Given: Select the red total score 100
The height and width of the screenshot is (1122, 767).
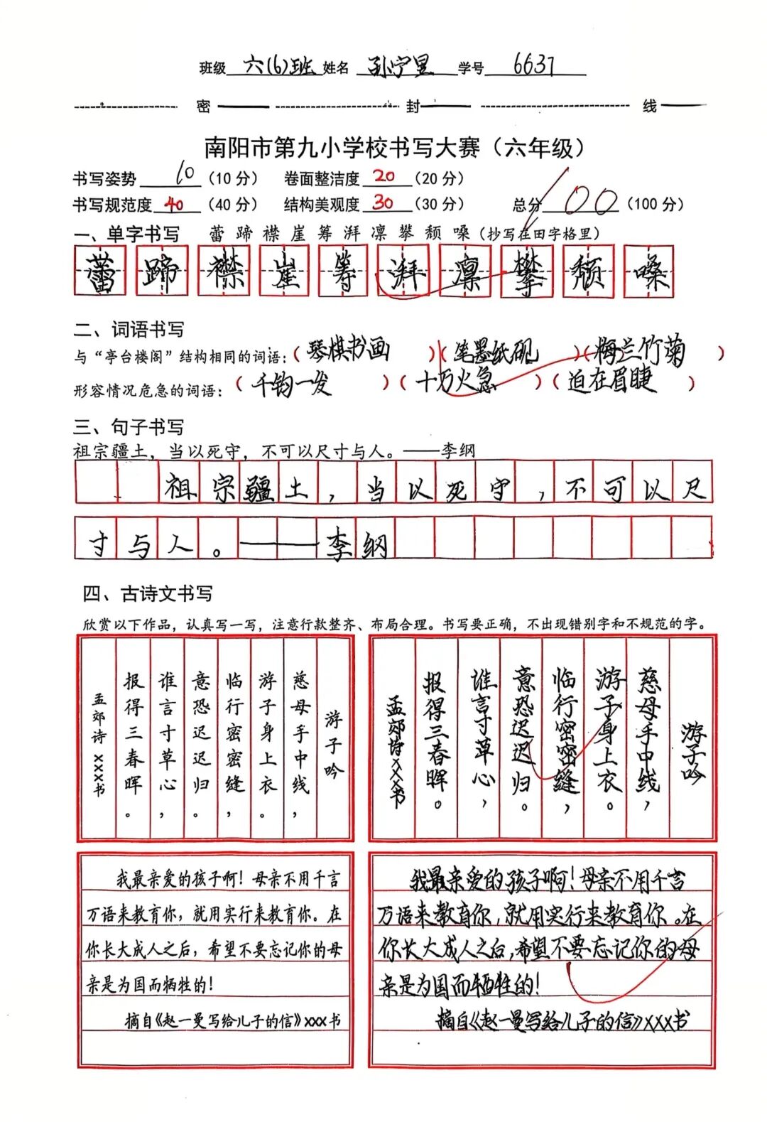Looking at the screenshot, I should [x=589, y=201].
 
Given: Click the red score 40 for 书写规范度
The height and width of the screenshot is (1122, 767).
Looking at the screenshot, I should [x=173, y=205].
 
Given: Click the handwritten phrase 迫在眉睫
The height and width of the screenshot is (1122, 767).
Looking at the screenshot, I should [x=611, y=382].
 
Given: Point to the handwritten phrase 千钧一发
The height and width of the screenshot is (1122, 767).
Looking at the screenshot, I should [x=291, y=384].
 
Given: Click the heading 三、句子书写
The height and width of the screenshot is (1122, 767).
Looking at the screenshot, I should [x=129, y=427].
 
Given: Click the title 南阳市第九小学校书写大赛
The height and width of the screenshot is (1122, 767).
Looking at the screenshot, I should [x=347, y=148].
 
